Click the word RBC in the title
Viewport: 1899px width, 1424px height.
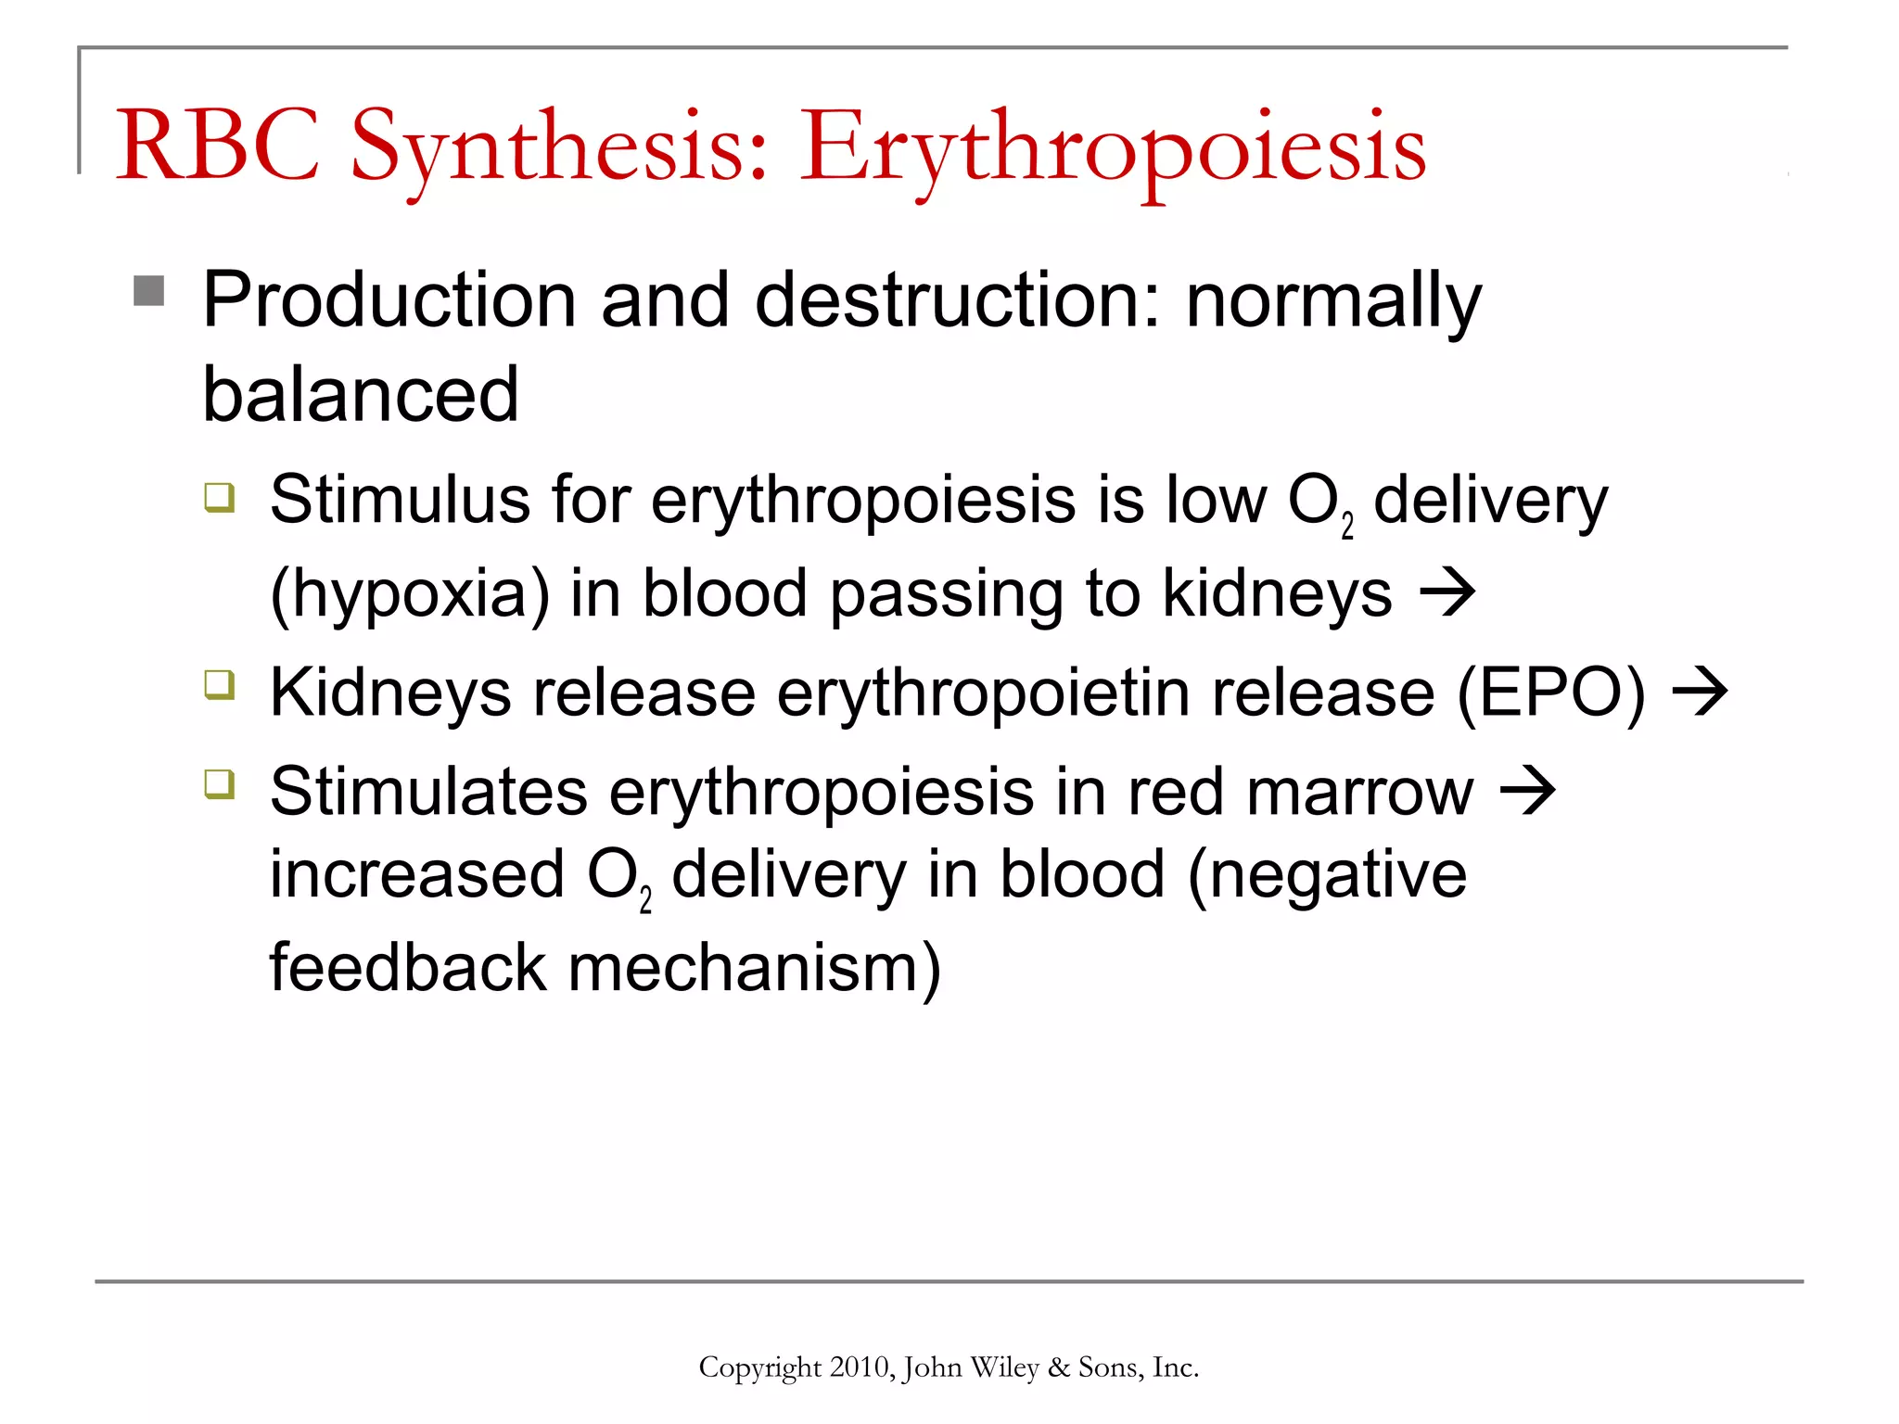pyautogui.click(x=217, y=146)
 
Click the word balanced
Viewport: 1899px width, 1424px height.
pyautogui.click(x=361, y=394)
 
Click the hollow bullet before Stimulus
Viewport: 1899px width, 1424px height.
pyautogui.click(x=220, y=497)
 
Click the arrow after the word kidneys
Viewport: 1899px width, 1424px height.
pyautogui.click(x=1447, y=592)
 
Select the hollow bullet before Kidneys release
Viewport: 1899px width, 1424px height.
pyautogui.click(x=220, y=686)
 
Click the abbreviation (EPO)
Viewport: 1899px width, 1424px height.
pyautogui.click(x=1550, y=693)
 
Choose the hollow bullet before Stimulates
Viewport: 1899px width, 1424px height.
pyautogui.click(x=220, y=784)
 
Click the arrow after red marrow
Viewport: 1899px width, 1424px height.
pyautogui.click(x=1527, y=791)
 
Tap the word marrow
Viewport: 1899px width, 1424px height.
pyautogui.click(x=1359, y=793)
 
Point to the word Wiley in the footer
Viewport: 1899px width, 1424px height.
pyautogui.click(x=1005, y=1367)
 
